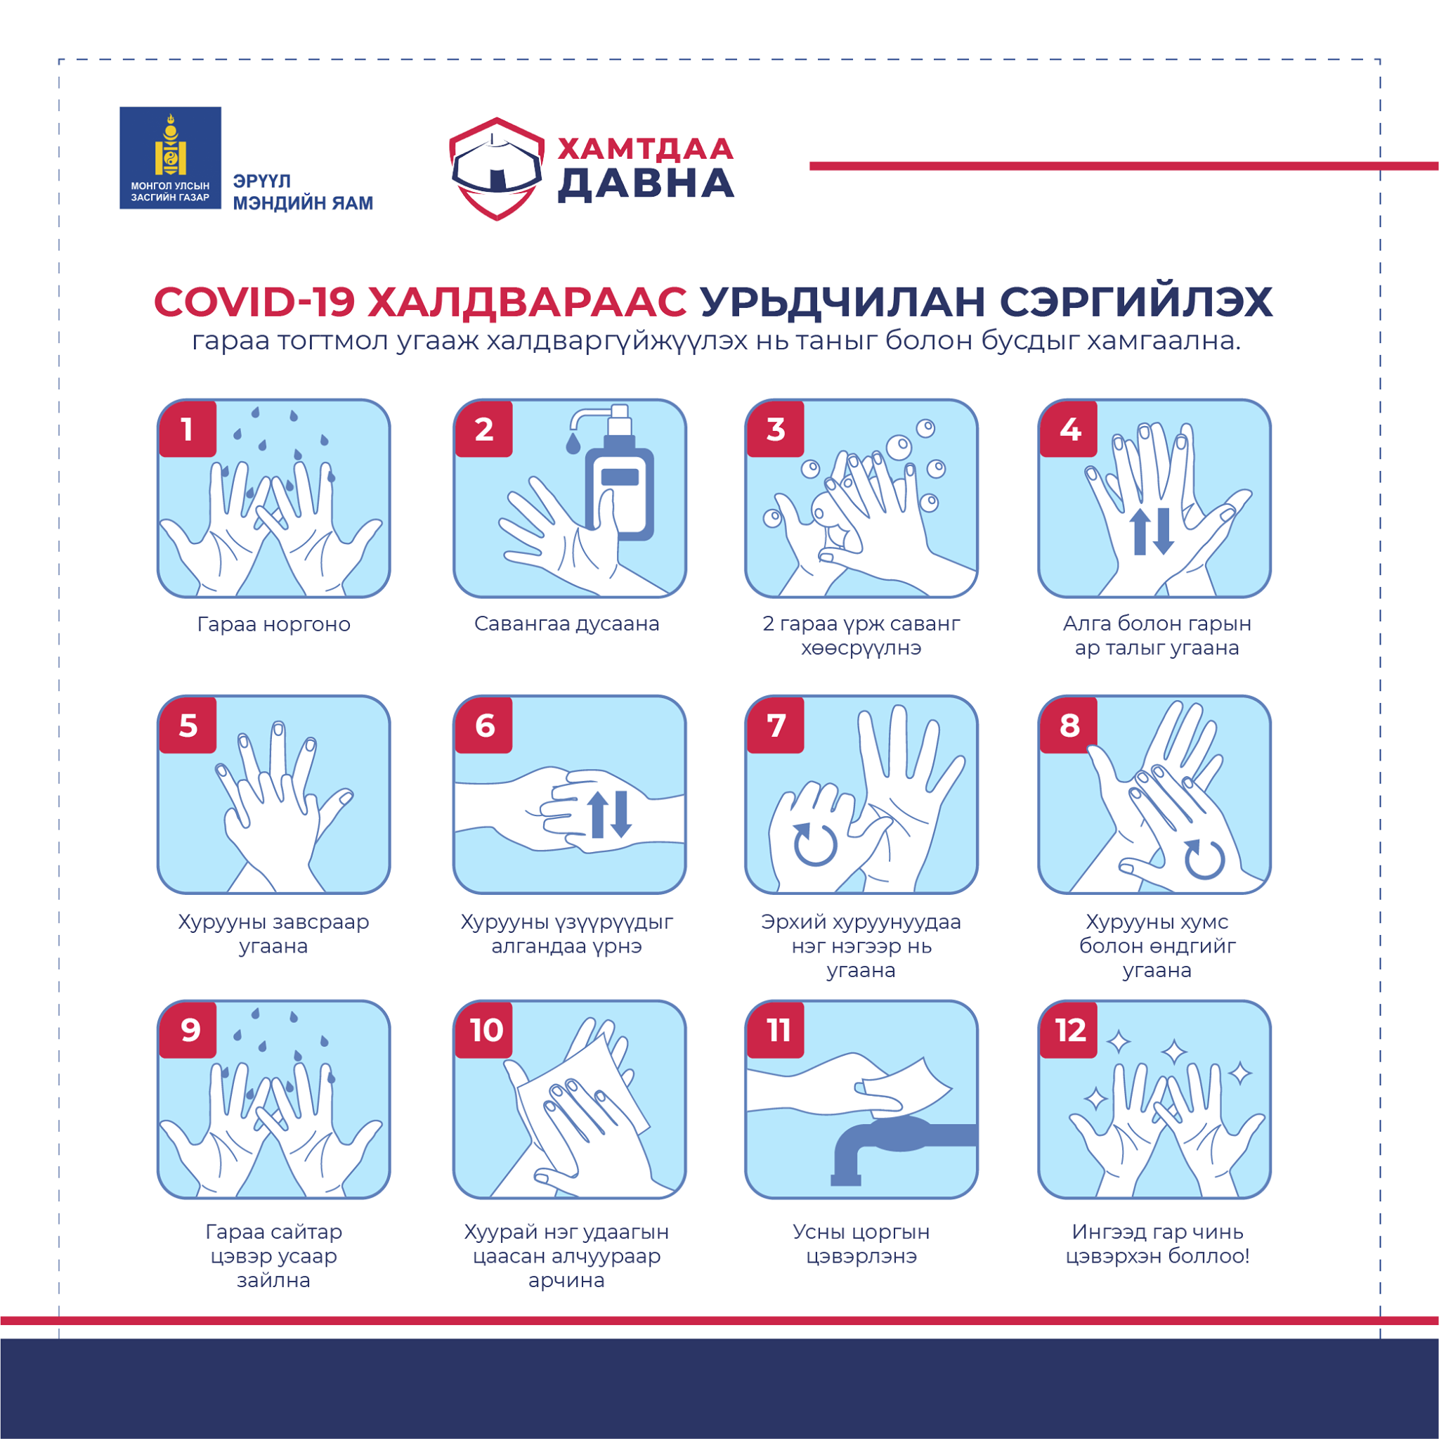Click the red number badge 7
tap(776, 725)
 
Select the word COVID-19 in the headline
tap(254, 302)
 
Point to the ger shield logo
tap(497, 169)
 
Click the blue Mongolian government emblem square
tap(171, 158)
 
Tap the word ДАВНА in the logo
tap(646, 184)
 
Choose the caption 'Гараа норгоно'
tap(273, 624)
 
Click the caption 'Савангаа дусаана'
tap(567, 623)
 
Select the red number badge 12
tap(1069, 1030)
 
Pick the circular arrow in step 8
tap(1204, 859)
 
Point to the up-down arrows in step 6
tap(609, 814)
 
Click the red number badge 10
tap(485, 1030)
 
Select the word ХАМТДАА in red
tap(646, 149)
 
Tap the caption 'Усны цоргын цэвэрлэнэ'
tap(861, 1244)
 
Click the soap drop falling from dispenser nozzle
tap(573, 444)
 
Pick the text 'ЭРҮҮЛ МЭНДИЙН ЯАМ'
tap(302, 192)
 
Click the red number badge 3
tap(776, 430)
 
